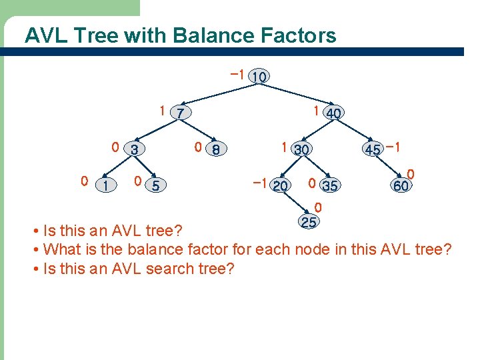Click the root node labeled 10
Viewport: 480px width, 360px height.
click(x=259, y=77)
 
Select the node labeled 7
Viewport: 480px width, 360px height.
click(x=180, y=113)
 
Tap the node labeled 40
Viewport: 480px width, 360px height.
click(x=333, y=113)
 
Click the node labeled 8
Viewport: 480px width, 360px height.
click(x=215, y=150)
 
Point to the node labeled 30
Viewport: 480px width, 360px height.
click(x=301, y=150)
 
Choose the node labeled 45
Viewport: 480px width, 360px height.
click(x=373, y=150)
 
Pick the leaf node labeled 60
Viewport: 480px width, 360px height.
click(x=401, y=186)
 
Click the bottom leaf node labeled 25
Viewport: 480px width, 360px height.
click(x=308, y=222)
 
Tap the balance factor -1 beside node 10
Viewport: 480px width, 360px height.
click(x=235, y=73)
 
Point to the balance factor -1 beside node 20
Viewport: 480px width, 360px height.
click(x=260, y=182)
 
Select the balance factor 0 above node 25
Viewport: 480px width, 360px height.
click(x=318, y=207)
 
